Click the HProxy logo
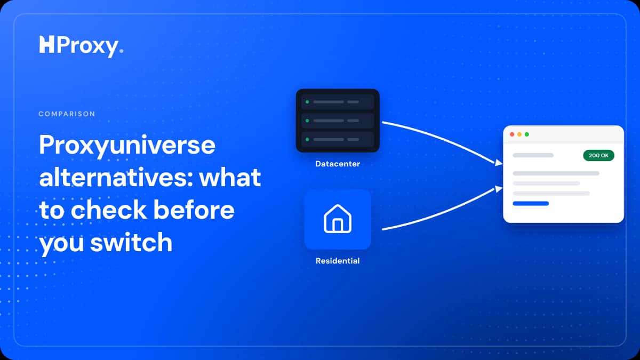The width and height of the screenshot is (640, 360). (x=82, y=46)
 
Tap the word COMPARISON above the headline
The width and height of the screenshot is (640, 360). (x=67, y=114)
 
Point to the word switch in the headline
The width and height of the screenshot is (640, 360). (x=131, y=242)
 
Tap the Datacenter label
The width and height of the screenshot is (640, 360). (x=338, y=164)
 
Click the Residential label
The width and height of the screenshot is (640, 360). (x=338, y=261)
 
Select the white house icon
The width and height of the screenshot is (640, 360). (x=338, y=219)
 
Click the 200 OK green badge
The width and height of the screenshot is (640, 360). (x=598, y=155)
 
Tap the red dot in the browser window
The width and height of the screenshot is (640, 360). (x=512, y=134)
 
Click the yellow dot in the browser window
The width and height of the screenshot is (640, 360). (x=519, y=134)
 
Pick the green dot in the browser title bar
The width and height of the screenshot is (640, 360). (x=527, y=134)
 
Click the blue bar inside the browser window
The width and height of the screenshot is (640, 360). (x=531, y=203)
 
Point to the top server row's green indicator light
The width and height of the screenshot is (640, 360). (x=307, y=102)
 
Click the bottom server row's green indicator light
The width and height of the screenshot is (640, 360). (x=307, y=139)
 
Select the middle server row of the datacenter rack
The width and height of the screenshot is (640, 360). (x=338, y=121)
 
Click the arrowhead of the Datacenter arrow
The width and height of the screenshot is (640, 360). (x=499, y=163)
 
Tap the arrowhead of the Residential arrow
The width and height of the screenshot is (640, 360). (x=499, y=189)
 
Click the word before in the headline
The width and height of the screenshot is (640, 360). (x=194, y=210)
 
